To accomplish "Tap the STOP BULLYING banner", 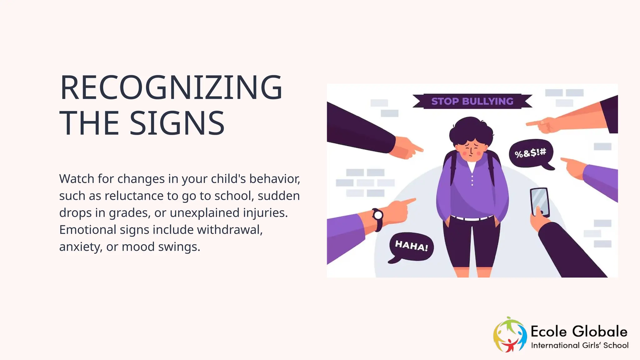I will (x=472, y=101).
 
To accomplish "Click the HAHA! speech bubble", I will (x=411, y=246).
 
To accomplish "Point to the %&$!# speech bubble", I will (x=531, y=153).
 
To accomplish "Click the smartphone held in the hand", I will (x=540, y=201).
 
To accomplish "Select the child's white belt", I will (x=472, y=218).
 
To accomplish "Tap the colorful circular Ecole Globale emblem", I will (x=509, y=334).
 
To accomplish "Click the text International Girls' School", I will (x=580, y=345).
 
